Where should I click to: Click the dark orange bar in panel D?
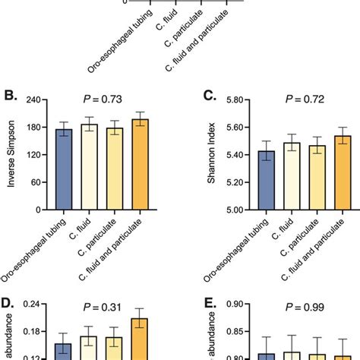pyautogui.click(x=141, y=339)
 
